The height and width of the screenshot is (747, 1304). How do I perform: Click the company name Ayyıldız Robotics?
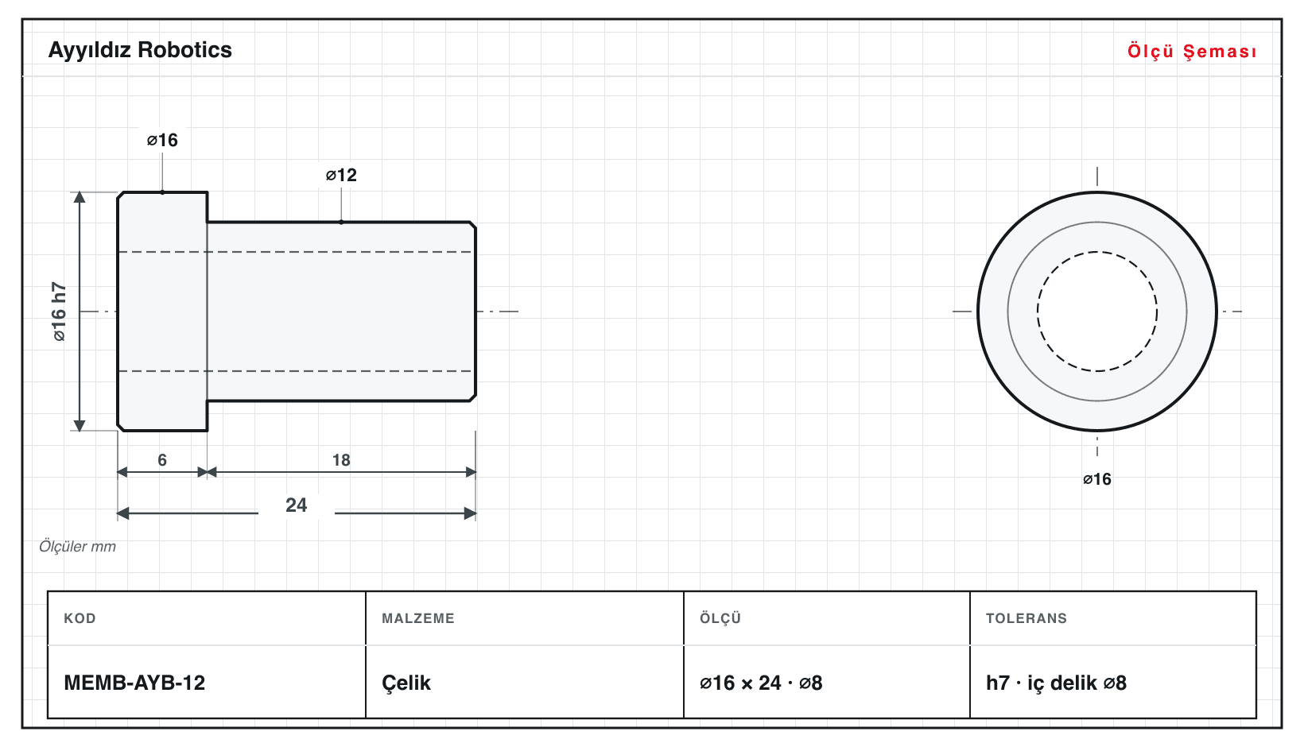pyautogui.click(x=140, y=50)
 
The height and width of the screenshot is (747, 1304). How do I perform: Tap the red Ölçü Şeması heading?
pyautogui.click(x=1192, y=51)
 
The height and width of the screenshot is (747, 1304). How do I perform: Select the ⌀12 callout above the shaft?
pyautogui.click(x=341, y=175)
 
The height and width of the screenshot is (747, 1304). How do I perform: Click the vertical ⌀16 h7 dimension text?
pyautogui.click(x=59, y=312)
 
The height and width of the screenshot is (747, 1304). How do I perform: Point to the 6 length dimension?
pyautogui.click(x=162, y=459)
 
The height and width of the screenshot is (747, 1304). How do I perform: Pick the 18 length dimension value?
pyautogui.click(x=341, y=459)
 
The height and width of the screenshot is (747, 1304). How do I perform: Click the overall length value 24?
pyautogui.click(x=297, y=505)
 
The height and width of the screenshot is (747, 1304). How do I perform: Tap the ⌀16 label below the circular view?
pyautogui.click(x=1096, y=479)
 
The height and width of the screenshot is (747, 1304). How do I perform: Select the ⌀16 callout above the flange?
pyautogui.click(x=162, y=140)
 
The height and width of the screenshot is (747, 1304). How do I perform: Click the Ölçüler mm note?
pyautogui.click(x=77, y=546)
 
